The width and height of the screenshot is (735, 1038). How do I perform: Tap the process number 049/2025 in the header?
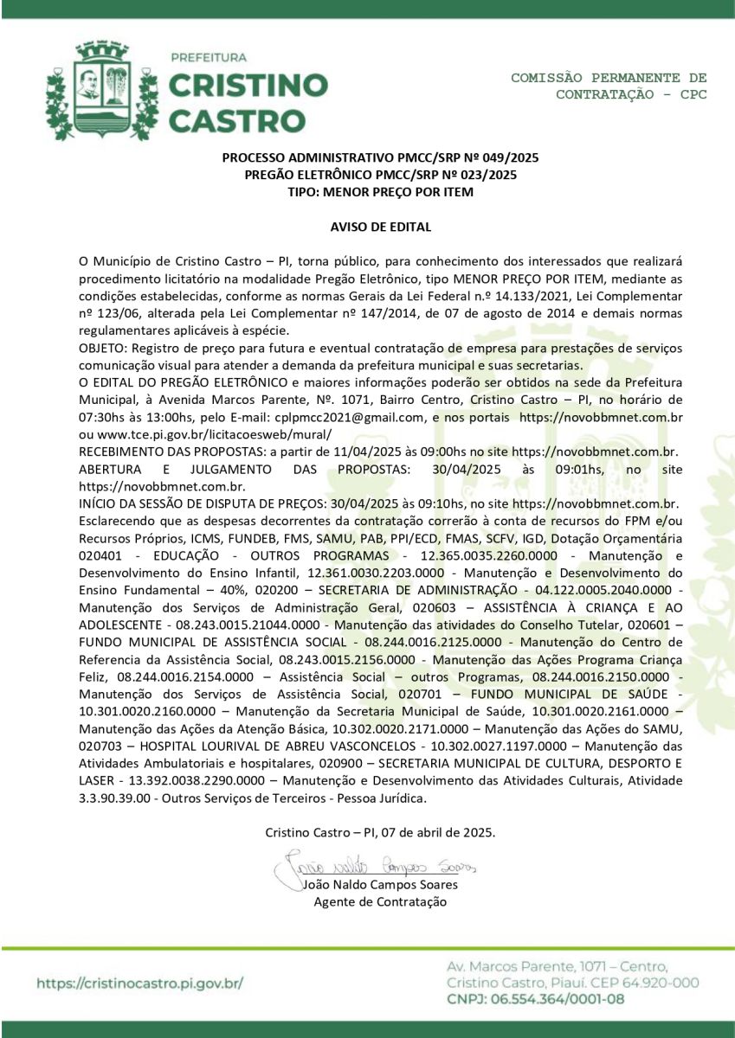point(501,158)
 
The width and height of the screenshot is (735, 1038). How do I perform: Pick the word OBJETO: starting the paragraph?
point(102,348)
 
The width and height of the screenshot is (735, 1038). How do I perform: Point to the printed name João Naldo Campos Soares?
point(380,885)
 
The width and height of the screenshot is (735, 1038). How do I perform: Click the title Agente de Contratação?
point(380,901)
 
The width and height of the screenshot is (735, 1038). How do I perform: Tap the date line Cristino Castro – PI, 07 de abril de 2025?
point(380,832)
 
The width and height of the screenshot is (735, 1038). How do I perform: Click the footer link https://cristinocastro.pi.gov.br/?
point(139,984)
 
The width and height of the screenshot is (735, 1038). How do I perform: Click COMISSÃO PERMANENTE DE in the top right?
point(609,78)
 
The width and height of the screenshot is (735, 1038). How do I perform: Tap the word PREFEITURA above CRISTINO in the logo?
point(209,58)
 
